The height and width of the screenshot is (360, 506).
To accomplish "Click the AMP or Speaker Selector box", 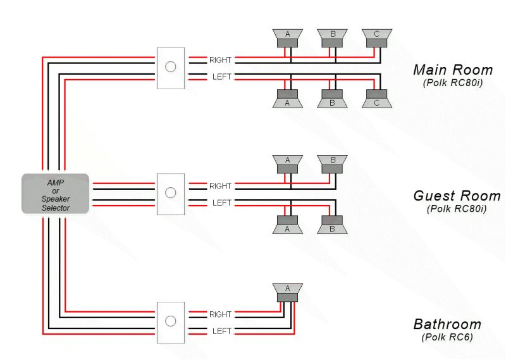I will pos(56,193).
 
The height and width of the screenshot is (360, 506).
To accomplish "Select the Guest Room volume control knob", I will pos(170,193).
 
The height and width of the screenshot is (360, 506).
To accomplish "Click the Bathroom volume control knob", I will pos(170,321).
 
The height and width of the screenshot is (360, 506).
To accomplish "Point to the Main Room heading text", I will pos(452,70).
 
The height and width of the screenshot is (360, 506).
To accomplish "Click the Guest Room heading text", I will pos(456,196).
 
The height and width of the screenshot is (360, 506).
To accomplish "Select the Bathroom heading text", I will pos(447,325).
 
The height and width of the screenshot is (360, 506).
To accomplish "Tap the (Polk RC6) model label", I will pos(447,337).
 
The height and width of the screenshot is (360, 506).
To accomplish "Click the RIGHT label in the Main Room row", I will pos(220,60).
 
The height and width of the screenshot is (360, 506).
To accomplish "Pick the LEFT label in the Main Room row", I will pos(221,77).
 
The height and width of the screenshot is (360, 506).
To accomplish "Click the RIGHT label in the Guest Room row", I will pos(220,186).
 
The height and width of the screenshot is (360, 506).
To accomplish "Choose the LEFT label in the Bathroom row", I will pos(221,331).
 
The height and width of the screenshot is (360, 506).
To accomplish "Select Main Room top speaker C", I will pos(377,37).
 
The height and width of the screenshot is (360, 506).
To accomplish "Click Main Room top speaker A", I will pos(288,37).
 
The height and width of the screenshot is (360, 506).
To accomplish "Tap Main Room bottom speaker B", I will pos(333,99).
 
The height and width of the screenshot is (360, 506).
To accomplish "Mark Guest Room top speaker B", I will pos(333,164).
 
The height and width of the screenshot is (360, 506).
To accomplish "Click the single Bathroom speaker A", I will pos(288,292).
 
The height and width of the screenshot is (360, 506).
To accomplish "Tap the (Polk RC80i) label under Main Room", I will pos(452,84).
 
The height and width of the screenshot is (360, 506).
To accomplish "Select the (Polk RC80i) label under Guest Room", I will pos(456,209).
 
